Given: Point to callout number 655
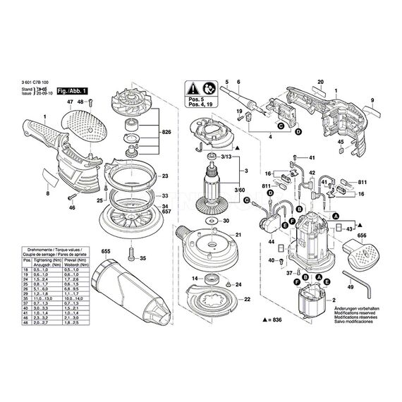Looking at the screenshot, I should (106, 250).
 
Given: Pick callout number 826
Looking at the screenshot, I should (166, 132).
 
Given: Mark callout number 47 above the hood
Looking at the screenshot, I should (68, 103).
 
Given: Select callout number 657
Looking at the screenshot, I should (166, 211).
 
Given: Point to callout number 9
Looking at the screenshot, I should (372, 102).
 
